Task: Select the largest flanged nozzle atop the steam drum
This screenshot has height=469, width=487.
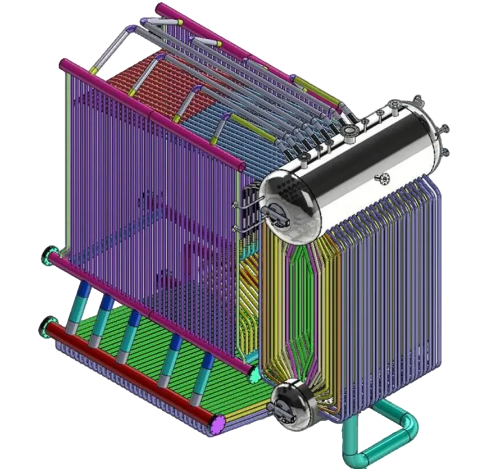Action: click(x=349, y=131)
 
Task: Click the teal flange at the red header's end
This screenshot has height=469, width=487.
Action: click(x=46, y=328)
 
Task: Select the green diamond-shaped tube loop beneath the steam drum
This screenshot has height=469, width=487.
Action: click(x=303, y=303)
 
